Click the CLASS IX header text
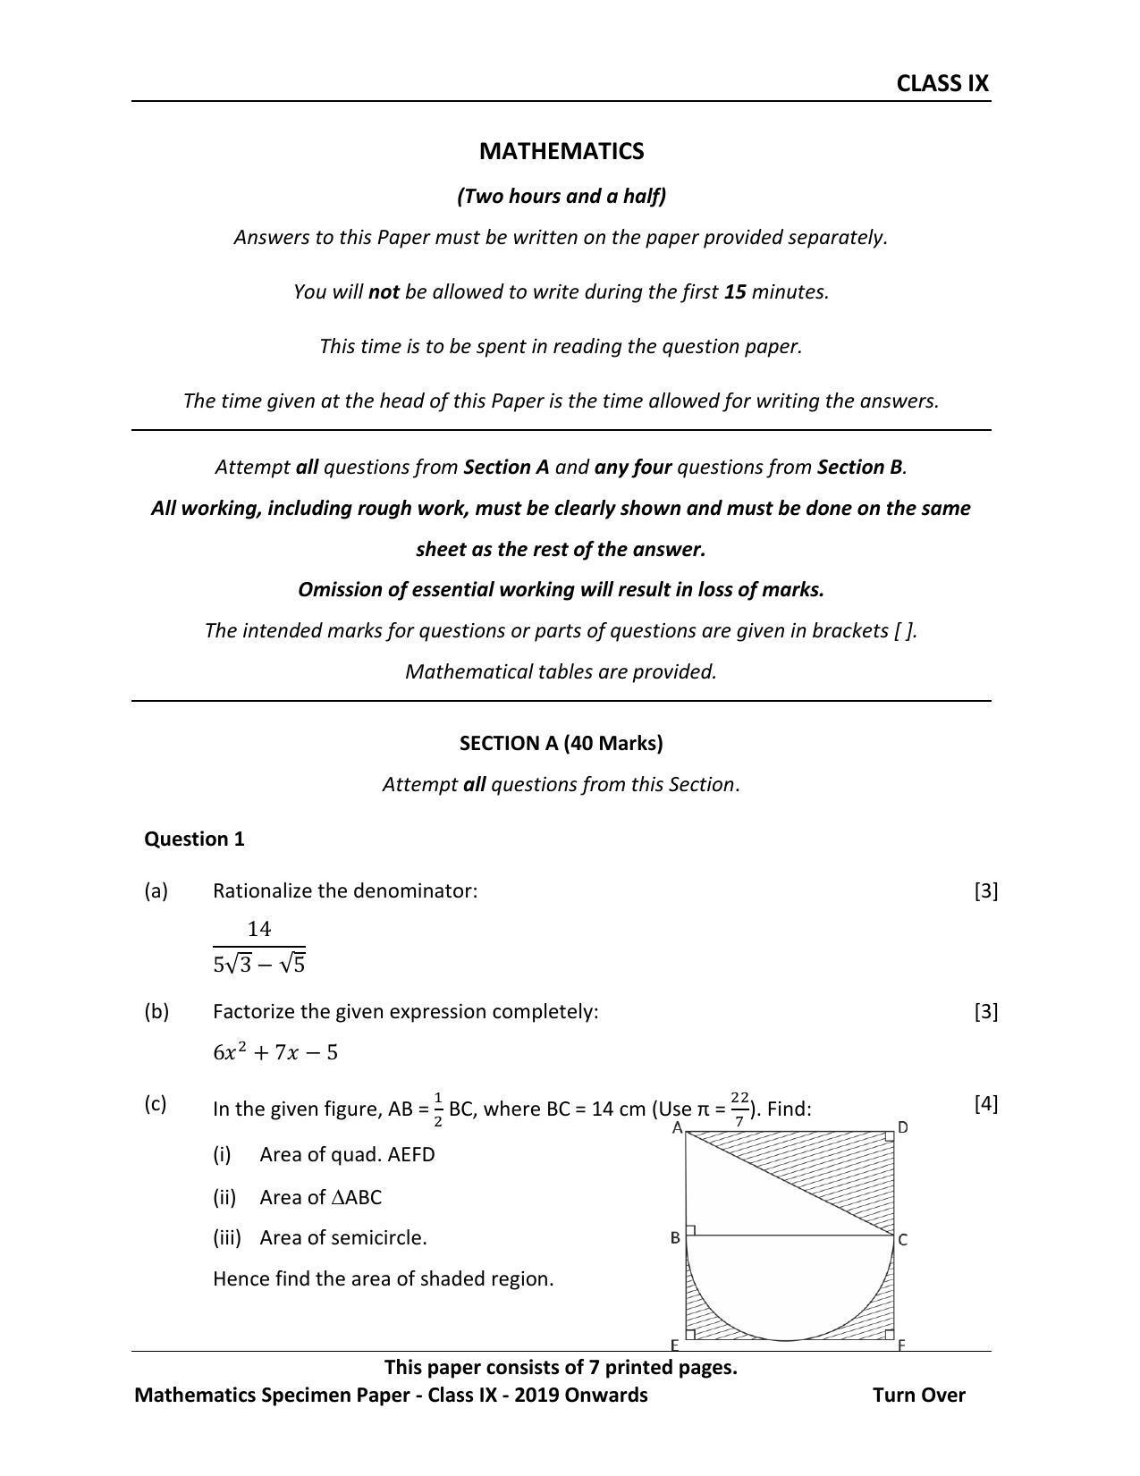pos(942,83)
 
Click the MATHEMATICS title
pos(561,151)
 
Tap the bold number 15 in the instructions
pos(734,291)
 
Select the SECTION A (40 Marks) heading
pos(561,743)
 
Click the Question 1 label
pos(194,839)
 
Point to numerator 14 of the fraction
pos(259,929)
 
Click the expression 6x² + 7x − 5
pos(275,1052)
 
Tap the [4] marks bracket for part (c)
pos(985,1103)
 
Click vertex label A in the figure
pos(677,1128)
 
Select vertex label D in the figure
pos(903,1127)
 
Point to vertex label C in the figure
pos(903,1240)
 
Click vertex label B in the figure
pos(675,1238)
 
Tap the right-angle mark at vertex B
pos(691,1231)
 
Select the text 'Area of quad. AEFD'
pos(347,1154)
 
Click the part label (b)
pos(156,1011)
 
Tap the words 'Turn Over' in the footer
pos(918,1395)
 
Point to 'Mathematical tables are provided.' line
pos(561,671)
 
